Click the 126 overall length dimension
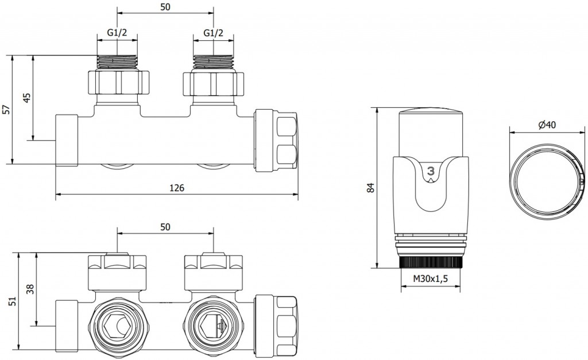click(177, 188)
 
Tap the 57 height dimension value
click(6, 109)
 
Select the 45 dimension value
click(26, 97)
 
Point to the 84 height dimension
click(370, 187)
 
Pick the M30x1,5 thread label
click(431, 279)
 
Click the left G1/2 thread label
click(118, 33)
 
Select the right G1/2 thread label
click(214, 33)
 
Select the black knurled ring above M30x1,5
click(431, 262)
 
